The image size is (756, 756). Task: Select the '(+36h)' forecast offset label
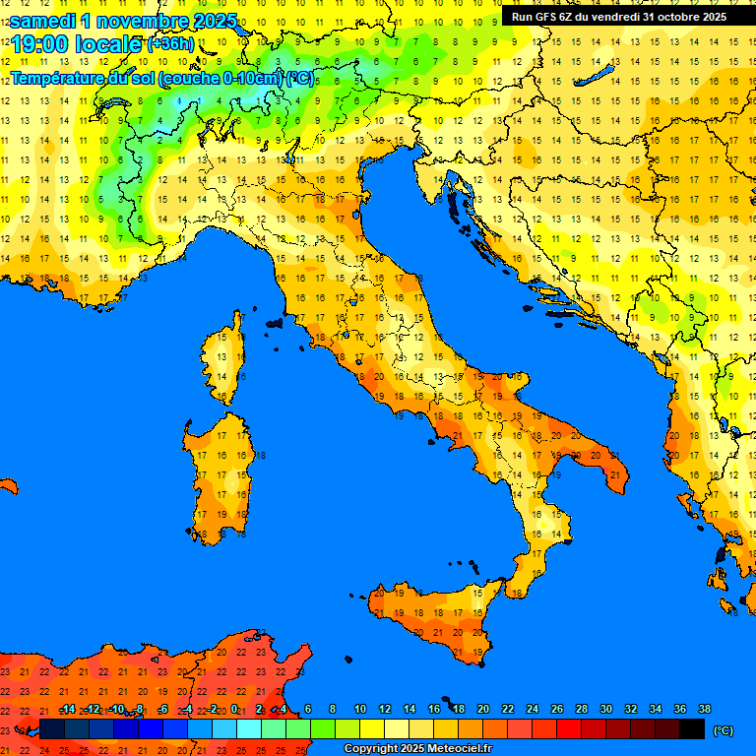click(x=170, y=44)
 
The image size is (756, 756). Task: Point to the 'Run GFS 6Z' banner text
click(x=547, y=16)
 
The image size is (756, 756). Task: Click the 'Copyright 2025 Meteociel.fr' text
click(x=417, y=749)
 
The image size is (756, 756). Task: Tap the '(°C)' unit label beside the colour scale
click(x=723, y=730)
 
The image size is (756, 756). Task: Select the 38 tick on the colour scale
click(x=704, y=710)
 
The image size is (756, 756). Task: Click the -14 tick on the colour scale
click(x=67, y=710)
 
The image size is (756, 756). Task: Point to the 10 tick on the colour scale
click(x=360, y=710)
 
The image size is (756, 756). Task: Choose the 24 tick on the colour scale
click(x=532, y=710)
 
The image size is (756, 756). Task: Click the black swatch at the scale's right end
click(x=692, y=729)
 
